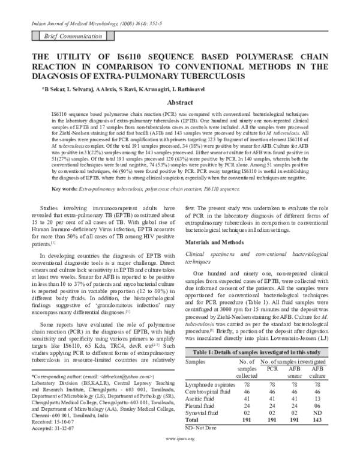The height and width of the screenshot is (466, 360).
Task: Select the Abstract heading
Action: click(179, 102)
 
